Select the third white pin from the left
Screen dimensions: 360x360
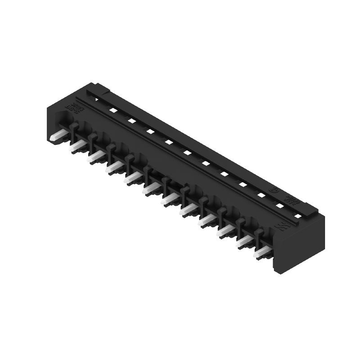(96, 156)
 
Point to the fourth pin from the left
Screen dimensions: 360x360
(114, 167)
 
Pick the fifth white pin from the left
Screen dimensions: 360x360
(133, 178)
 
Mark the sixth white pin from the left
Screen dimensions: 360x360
(152, 189)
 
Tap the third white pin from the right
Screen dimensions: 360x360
(225, 231)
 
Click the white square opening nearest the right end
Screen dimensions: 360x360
(297, 216)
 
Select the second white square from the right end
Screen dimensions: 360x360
(280, 206)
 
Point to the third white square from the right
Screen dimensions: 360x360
(261, 195)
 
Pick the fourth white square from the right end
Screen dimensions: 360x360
(243, 184)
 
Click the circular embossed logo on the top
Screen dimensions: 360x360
(273, 191)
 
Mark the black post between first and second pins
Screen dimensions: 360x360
(74, 131)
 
